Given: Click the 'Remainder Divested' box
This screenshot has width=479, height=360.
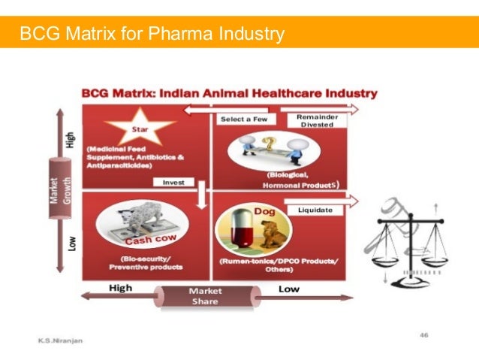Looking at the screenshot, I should [317, 120].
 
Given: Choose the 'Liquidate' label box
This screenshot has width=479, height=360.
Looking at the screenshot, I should [315, 210].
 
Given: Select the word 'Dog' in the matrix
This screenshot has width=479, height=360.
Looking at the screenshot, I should [266, 212].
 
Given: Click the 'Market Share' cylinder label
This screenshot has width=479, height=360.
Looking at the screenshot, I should [205, 295].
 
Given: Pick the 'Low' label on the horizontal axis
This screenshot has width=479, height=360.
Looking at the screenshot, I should [289, 289].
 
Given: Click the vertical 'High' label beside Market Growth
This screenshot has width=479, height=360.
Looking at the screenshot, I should [71, 141].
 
